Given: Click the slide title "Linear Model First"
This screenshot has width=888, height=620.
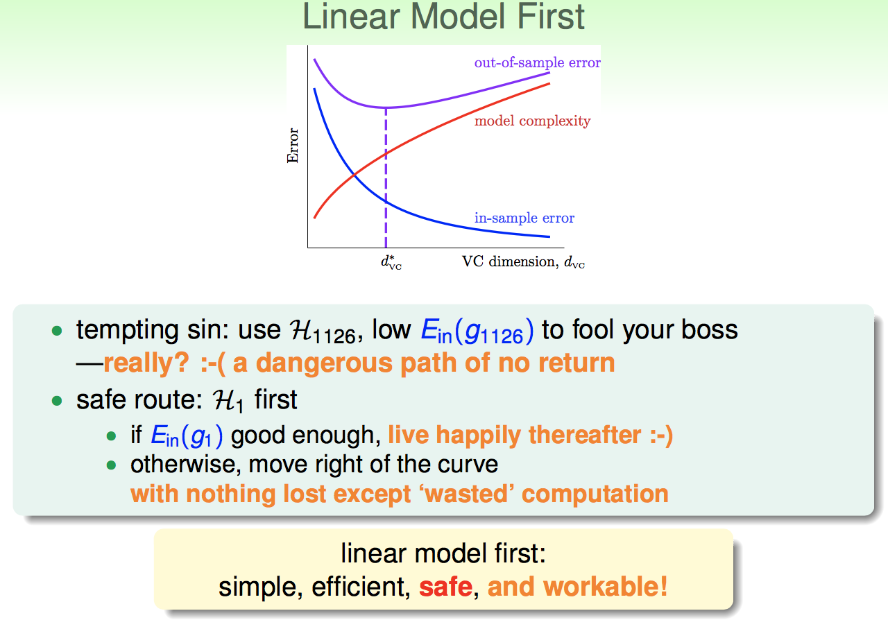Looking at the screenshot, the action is (x=443, y=17).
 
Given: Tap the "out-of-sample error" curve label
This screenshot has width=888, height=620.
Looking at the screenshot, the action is (x=537, y=62).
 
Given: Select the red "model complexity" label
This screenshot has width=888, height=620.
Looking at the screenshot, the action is (x=532, y=121).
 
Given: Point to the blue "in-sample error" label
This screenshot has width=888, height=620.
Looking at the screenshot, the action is (x=524, y=218).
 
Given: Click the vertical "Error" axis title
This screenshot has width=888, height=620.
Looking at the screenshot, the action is (x=293, y=146).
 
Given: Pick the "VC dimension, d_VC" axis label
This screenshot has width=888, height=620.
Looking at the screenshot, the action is (x=523, y=261).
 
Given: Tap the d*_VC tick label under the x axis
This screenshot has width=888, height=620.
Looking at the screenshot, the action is (x=391, y=262).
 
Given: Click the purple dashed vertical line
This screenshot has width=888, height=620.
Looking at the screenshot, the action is (x=386, y=178).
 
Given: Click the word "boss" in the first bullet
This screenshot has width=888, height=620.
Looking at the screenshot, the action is (x=709, y=329).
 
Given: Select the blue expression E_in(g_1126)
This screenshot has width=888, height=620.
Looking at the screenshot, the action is (x=477, y=331).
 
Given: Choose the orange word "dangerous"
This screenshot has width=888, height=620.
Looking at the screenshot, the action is (x=324, y=363).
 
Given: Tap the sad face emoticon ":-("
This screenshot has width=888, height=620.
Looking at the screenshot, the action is (x=213, y=363).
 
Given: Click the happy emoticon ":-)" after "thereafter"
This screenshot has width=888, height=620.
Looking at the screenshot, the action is (x=661, y=436).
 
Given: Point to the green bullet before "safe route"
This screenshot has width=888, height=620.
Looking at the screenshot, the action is (x=57, y=401).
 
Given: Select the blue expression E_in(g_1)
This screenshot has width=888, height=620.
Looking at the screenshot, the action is (x=187, y=436).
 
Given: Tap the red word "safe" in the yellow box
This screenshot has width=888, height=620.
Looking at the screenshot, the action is (x=446, y=587).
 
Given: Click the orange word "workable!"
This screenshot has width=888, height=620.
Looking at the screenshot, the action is (x=606, y=587).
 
